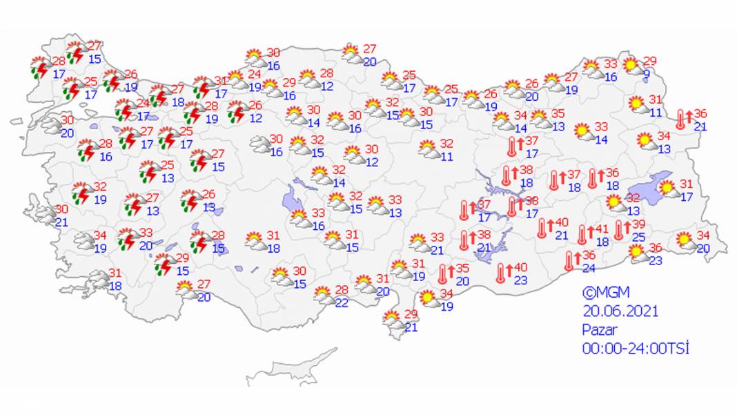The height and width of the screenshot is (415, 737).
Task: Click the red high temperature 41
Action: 602,230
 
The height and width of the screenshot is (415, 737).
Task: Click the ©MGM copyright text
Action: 605,292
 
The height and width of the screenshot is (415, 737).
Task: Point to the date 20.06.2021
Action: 620,311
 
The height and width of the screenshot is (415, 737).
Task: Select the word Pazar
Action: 599,329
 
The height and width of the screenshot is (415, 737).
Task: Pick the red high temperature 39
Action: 638,225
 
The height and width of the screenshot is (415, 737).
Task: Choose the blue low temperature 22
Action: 342,303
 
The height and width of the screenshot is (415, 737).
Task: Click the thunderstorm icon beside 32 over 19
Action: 82,193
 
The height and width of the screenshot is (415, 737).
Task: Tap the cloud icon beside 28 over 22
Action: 324,296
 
